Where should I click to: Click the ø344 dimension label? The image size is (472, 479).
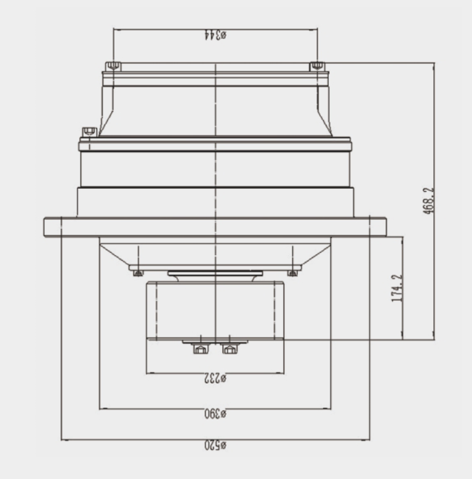(215, 35)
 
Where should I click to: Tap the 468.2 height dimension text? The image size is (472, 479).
(429, 200)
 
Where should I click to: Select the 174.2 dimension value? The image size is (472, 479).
(397, 288)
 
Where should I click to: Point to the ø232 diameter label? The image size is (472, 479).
(215, 379)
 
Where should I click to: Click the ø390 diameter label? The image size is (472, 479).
(215, 414)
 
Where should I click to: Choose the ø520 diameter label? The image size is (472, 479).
(215, 445)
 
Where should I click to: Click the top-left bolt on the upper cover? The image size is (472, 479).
(113, 66)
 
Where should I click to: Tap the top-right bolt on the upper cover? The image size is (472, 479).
(318, 66)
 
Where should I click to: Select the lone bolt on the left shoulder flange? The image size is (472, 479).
(90, 132)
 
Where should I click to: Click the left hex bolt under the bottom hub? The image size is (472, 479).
(200, 348)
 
